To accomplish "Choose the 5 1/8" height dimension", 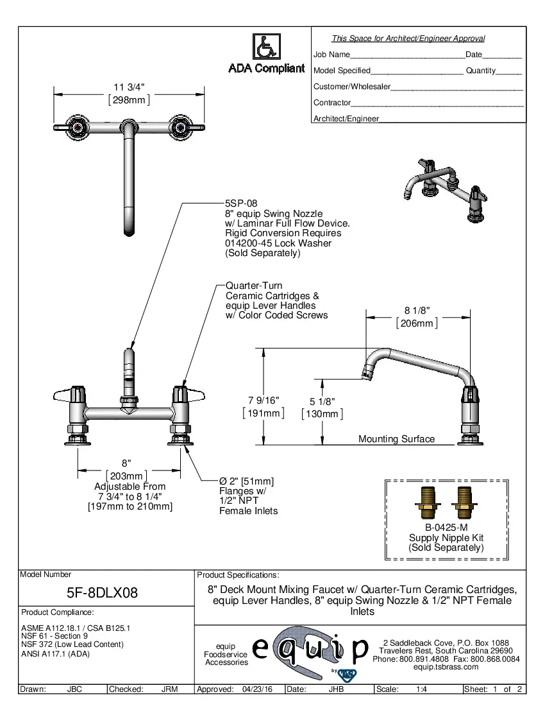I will click(x=322, y=402).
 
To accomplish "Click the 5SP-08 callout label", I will click(x=240, y=203).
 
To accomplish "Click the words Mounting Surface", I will click(x=396, y=440).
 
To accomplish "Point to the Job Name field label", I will click(x=331, y=55).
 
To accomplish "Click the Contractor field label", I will click(x=331, y=103).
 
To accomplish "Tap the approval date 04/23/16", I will click(x=257, y=689).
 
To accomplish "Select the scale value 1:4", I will click(x=422, y=689).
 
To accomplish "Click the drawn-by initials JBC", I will click(x=74, y=689).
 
